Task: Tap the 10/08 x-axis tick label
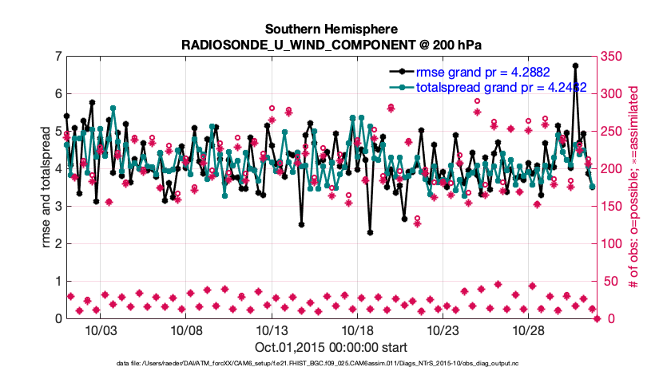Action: coord(185,330)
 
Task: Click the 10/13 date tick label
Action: coord(271,330)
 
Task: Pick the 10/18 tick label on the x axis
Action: coord(357,330)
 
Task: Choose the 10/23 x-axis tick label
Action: coord(443,330)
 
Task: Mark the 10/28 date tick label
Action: coord(528,330)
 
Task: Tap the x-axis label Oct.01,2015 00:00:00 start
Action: coord(331,347)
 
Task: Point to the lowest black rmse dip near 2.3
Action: coord(370,232)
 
